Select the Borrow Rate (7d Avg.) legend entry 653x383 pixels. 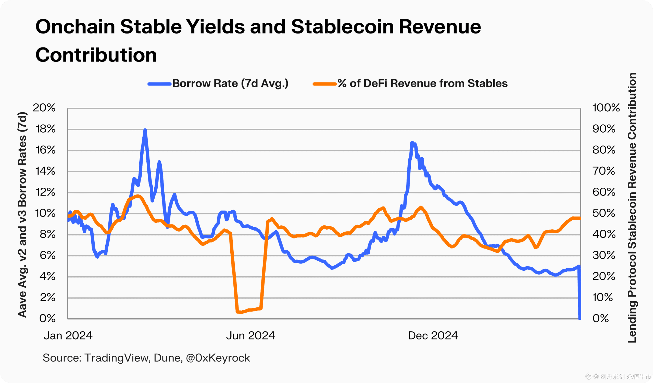pos(230,83)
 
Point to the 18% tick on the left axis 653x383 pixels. pos(46,129)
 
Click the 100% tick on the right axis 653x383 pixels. pos(606,107)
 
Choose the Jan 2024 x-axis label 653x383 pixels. pos(68,336)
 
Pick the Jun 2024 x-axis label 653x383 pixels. pos(250,336)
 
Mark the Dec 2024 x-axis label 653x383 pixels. pos(433,336)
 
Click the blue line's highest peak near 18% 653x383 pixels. pos(145,130)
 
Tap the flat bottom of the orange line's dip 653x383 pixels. pos(249,310)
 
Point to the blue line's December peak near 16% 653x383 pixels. pos(412,143)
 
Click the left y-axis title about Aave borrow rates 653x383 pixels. pos(22,215)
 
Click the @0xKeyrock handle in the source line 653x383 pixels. pos(218,358)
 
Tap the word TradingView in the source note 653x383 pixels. pos(117,358)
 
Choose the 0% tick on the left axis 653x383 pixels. pos(47,318)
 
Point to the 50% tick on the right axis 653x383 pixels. pos(604,213)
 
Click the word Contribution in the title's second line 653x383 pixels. pos(96,55)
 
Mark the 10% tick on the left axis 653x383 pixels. pos(45,213)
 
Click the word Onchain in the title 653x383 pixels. pos(75,27)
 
